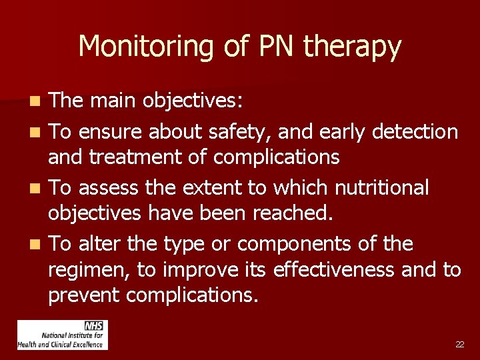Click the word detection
(415, 131)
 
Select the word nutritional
(381, 188)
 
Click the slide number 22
(459, 345)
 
